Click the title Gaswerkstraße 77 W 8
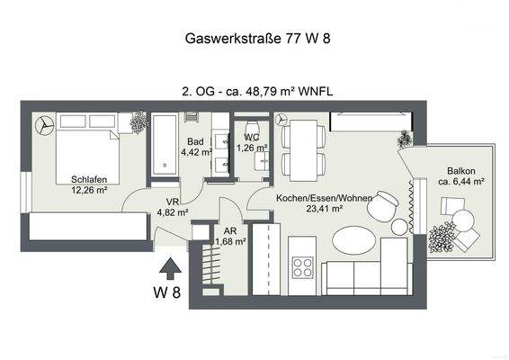[x=254, y=39]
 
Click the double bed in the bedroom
[x=85, y=146]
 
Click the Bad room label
[x=195, y=141]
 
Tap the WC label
[x=252, y=138]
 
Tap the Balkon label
[x=460, y=170]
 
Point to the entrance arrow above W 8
[x=166, y=267]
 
